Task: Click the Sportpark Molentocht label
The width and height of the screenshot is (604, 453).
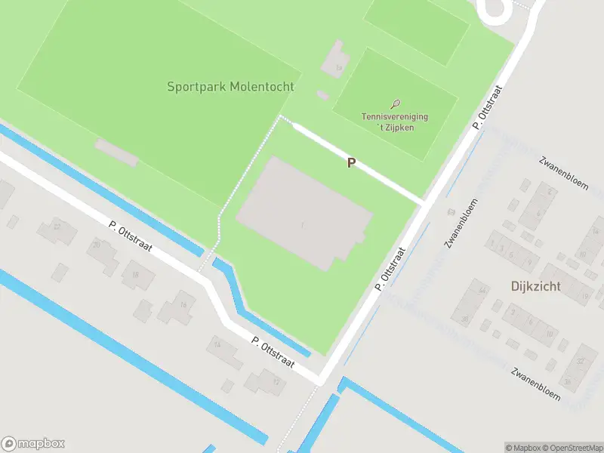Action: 230,87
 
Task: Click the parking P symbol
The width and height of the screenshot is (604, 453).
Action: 351,162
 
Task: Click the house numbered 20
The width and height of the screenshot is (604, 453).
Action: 97,245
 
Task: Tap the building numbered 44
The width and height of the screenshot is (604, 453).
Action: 480,290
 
